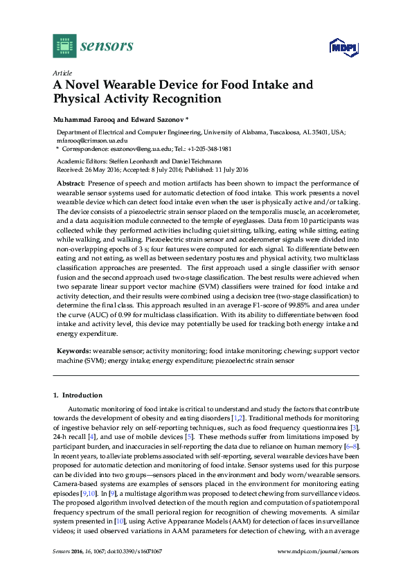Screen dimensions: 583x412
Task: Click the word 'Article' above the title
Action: [x=62, y=72]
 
